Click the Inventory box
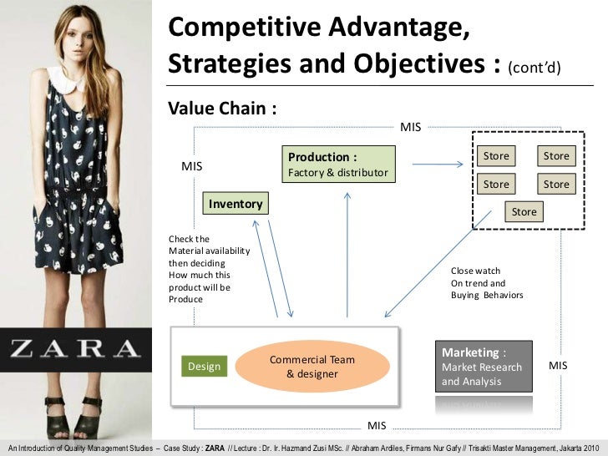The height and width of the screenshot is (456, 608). pos(236,204)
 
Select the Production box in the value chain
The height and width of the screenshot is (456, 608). pos(339,164)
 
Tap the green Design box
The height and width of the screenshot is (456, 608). pos(204,367)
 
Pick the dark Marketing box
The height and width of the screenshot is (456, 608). pos(483,366)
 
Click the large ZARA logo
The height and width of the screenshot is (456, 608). pos(75,348)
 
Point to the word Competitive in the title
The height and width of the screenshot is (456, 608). pos(242,29)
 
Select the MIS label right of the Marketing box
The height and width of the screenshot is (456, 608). pos(557,367)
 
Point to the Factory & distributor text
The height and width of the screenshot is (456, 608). pos(337,173)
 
